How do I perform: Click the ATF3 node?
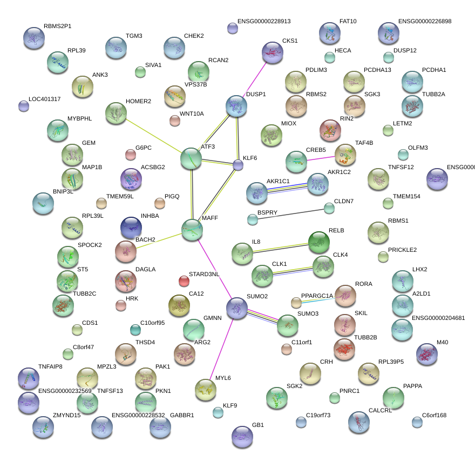[191, 158]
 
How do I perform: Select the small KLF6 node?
[238, 165]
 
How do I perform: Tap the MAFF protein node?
[192, 229]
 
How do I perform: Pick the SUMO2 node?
[236, 308]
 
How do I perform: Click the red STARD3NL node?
[184, 281]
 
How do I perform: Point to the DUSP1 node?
[236, 106]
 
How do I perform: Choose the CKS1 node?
[272, 52]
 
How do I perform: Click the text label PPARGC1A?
[317, 296]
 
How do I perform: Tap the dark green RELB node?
[318, 242]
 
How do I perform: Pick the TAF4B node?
[345, 155]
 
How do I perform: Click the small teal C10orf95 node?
[135, 329]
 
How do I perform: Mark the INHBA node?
[131, 228]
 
